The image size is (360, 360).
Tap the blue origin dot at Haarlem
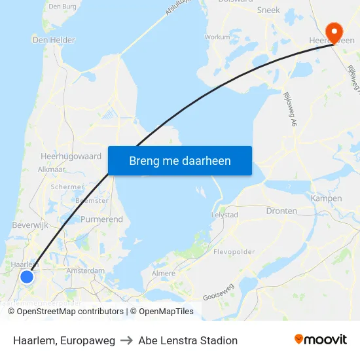pos(27,277)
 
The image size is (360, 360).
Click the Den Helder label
pos(54,40)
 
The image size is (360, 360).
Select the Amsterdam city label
pos(85,270)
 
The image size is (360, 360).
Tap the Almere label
pos(164,274)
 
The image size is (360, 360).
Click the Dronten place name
pos(281,211)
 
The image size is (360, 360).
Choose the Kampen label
pos(327,198)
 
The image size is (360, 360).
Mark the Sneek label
pos(268,10)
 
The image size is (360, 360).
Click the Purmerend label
pos(101,219)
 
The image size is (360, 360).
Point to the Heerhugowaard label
pos(71,157)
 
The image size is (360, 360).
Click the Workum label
pos(218,37)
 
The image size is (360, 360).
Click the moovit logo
pos(320,340)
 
